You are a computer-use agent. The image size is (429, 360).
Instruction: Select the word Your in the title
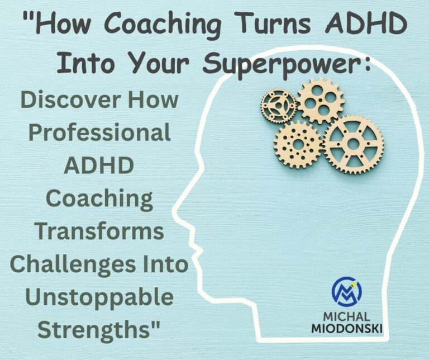(164, 65)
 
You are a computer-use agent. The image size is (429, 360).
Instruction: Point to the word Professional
(99, 133)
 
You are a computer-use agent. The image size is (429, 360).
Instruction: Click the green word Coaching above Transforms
(99, 199)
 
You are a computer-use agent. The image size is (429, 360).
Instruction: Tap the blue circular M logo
(346, 292)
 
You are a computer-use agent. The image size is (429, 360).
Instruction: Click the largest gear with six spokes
(353, 144)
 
